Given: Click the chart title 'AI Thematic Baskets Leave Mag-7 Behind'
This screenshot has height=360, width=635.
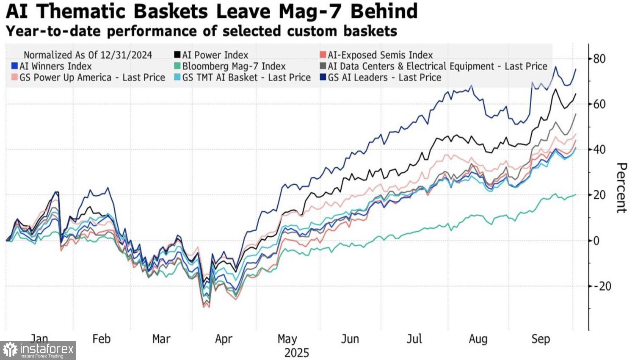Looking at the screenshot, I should point(212,11).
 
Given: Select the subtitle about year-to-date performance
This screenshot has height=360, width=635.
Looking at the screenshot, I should point(202,31).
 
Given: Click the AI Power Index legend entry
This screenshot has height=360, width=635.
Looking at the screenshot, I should point(211,55).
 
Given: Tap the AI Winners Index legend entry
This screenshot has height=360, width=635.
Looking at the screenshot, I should point(51,66).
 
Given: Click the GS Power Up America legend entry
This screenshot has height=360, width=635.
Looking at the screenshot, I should point(88,78).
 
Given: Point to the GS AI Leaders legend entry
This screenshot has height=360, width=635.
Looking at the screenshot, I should point(381,78).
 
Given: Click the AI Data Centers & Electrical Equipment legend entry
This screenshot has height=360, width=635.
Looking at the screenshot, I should point(433,66).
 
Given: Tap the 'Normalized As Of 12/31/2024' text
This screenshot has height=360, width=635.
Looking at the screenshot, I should point(88,55).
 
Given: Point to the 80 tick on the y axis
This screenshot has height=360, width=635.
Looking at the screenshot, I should point(599,58).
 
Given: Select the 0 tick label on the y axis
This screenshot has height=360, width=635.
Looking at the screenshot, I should point(596,241).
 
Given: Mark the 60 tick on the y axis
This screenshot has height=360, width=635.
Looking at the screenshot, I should point(599,104).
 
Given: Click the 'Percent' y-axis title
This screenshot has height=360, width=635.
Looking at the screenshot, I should point(621,188).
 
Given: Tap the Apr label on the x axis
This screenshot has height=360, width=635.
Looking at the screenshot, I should point(224,339).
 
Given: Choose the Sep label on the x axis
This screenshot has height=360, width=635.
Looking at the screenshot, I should point(541,339).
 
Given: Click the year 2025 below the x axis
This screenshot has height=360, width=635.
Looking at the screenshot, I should point(297,353).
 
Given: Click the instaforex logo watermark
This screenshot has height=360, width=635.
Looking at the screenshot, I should point(38,351).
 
